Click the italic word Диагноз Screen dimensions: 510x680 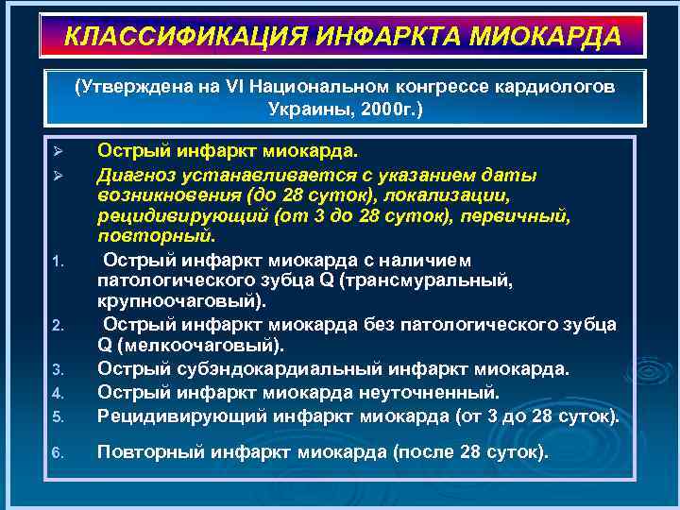click(132, 175)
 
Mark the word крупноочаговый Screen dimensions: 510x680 click(179, 302)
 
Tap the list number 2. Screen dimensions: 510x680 click(58, 327)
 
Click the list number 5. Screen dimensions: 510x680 click(58, 416)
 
